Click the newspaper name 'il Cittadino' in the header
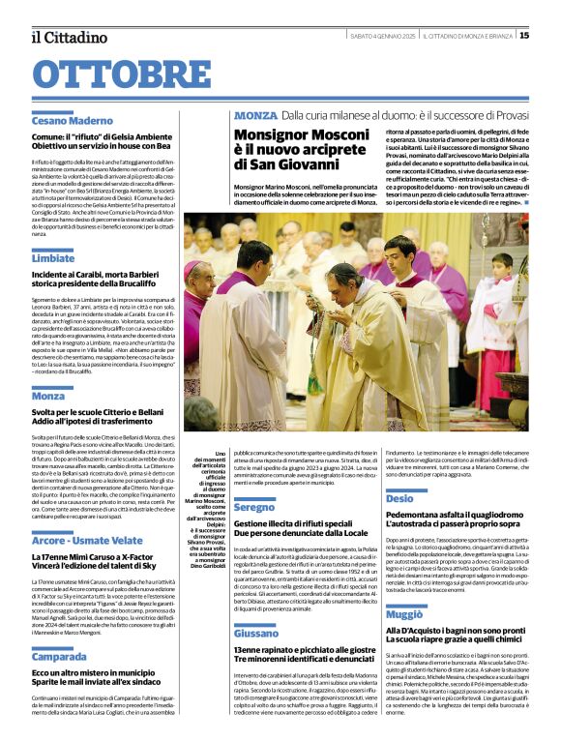69,36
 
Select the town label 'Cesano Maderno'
73,121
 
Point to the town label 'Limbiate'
53,259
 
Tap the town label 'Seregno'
254,507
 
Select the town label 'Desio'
399,498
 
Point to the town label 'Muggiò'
404,614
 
